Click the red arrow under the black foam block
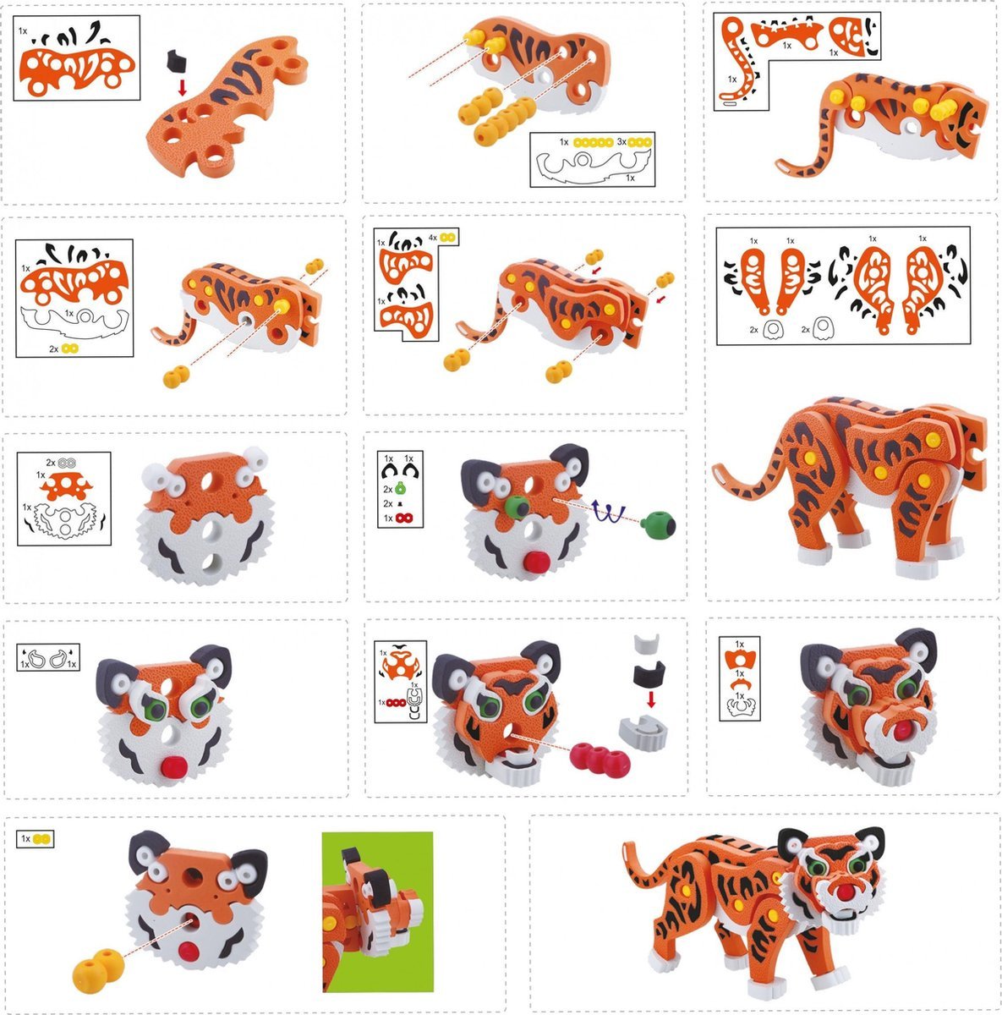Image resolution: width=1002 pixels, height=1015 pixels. coord(183,87)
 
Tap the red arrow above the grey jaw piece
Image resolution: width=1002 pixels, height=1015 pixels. coord(651,699)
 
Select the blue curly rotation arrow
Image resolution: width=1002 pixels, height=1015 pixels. coord(609,511)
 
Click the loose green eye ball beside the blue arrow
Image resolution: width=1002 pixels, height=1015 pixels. coord(658,524)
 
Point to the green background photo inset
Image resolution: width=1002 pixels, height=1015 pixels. coord(377,919)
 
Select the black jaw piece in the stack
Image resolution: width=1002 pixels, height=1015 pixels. coord(649,673)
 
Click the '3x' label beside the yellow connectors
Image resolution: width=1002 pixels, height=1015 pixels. coord(621,142)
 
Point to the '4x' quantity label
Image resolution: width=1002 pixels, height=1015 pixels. coord(433,238)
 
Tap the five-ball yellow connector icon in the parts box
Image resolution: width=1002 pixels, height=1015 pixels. coord(594,142)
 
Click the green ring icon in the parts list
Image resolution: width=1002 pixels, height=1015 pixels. coord(401,489)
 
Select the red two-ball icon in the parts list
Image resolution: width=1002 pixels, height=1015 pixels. coord(404,518)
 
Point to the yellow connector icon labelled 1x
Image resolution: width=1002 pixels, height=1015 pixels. coord(42,839)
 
